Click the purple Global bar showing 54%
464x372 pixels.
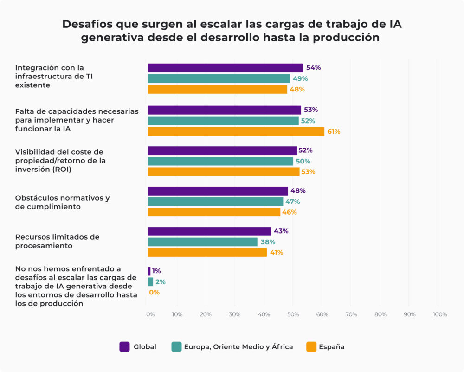[x=225, y=68]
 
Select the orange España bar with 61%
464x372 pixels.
[x=236, y=131]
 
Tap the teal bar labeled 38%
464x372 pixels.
[x=202, y=242]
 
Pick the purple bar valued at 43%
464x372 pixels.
[x=209, y=231]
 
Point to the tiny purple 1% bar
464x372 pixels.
[x=149, y=271]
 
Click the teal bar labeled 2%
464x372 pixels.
[x=150, y=282]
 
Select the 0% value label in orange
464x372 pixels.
[x=154, y=293]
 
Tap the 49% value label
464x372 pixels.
[x=300, y=78]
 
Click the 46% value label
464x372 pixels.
[x=290, y=212]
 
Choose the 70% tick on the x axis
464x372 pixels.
[x=351, y=315]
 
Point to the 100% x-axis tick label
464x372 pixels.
[x=439, y=315]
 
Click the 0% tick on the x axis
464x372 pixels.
[x=150, y=315]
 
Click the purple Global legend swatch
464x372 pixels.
[x=124, y=346]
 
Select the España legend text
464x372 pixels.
[x=331, y=346]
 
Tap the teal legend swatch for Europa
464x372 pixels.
[x=176, y=346]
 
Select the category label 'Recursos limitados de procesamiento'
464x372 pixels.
[x=57, y=241]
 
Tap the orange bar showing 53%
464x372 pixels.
[x=223, y=172]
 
